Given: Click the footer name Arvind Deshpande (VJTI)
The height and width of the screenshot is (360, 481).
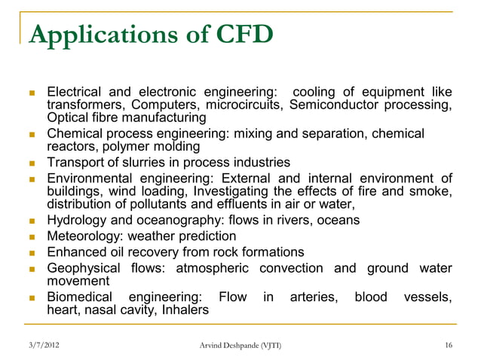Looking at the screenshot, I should [237, 346].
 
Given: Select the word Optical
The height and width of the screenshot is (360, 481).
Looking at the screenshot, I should [66, 118].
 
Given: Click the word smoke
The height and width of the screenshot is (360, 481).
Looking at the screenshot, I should [432, 191].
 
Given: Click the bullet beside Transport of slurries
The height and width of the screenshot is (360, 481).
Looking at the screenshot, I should [32, 163].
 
